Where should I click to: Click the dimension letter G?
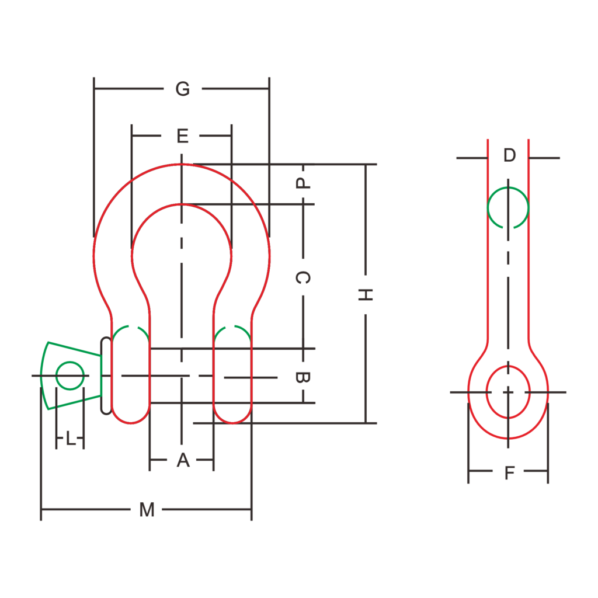coord(183,89)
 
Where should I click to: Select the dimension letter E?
coord(183,137)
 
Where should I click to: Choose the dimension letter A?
coord(183,461)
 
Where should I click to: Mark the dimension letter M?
coord(147,510)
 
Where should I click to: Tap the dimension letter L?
coord(71,439)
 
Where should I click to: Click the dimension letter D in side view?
coord(510,155)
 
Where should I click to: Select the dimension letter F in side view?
coord(509,473)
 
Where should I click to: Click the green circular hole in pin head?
coord(69,376)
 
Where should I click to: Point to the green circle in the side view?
coord(508,207)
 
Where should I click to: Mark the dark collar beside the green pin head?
coord(106,376)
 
